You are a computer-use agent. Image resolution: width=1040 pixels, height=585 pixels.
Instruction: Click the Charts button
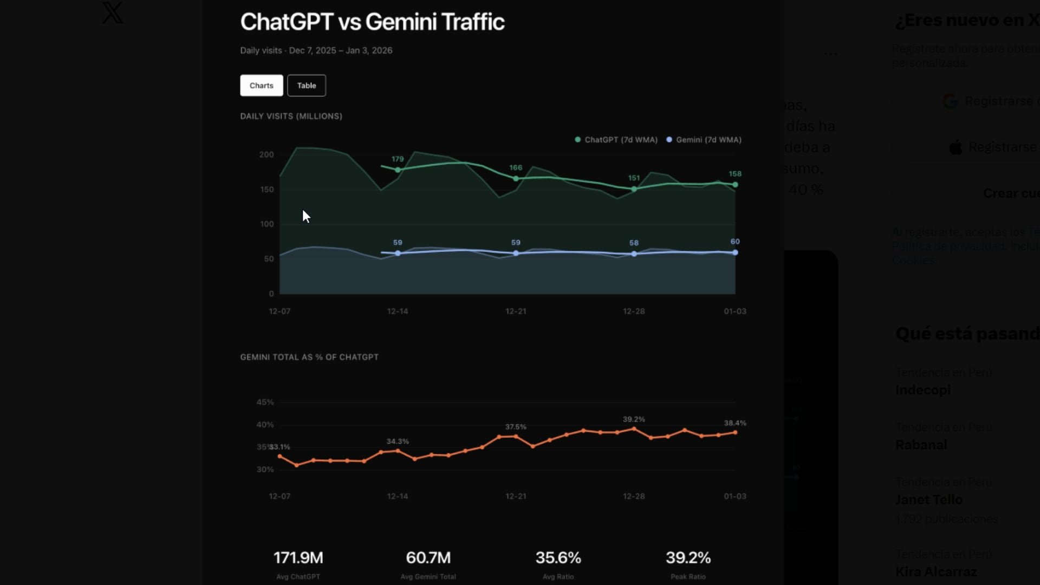pos(261,86)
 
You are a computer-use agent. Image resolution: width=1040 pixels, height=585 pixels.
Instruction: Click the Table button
pos(306,86)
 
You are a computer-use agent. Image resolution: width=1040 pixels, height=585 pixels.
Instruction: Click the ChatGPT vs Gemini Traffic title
pos(372,22)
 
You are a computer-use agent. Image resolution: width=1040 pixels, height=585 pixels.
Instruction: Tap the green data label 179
pos(398,159)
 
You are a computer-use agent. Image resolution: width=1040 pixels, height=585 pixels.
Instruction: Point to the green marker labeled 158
pos(735,185)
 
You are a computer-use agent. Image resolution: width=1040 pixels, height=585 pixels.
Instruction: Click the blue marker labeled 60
pos(735,252)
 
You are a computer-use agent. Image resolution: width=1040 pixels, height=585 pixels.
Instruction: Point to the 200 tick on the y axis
pos(266,155)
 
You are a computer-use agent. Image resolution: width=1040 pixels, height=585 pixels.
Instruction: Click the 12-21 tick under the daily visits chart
pos(515,311)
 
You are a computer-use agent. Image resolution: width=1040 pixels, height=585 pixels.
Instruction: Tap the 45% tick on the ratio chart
pos(265,402)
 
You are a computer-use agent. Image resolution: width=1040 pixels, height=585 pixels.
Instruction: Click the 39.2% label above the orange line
pos(634,419)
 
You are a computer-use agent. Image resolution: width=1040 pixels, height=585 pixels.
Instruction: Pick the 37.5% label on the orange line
pos(515,427)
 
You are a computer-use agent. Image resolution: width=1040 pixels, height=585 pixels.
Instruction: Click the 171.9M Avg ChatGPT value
pos(298,557)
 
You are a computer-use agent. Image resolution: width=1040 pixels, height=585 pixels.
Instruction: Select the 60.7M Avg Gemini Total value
pos(428,557)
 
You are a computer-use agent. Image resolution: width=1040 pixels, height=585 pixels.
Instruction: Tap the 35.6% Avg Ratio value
pos(558,557)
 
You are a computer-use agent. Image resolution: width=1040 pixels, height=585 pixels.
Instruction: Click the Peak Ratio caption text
pos(688,577)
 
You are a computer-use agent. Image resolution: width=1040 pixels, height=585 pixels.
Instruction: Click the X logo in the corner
pos(113,12)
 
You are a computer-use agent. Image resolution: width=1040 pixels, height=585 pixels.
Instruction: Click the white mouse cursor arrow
pos(306,217)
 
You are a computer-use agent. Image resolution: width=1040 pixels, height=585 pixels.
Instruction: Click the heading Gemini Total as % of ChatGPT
pos(309,357)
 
